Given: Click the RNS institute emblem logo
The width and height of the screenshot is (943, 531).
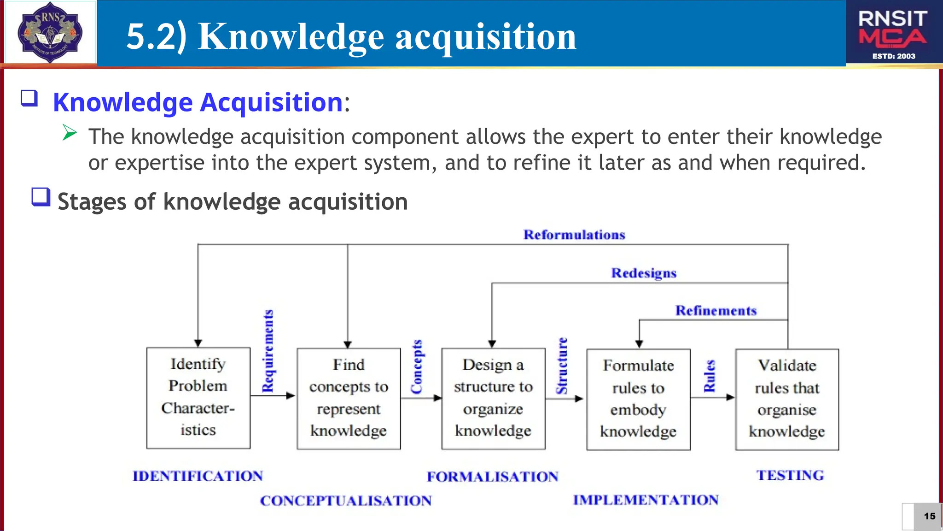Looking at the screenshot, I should point(50,32).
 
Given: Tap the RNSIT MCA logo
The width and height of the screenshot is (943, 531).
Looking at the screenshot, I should point(893,32).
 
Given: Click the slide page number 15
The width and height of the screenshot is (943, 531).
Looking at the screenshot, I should point(929,516).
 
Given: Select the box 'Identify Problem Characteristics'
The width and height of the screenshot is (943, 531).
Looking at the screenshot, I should point(198,397).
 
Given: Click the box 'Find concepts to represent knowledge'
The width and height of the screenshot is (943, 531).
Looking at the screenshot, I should point(349,398).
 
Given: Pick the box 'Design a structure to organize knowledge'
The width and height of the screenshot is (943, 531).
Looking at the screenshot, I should point(493,398).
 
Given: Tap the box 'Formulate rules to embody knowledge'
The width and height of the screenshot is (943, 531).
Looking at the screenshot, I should point(638,399).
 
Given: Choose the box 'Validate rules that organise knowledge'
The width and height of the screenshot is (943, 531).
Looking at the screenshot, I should point(787,399).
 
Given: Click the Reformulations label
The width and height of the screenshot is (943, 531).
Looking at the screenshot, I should point(574,235).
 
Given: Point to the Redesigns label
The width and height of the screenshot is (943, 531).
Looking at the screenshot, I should point(644,273).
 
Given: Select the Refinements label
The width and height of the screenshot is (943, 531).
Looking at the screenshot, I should point(716,311).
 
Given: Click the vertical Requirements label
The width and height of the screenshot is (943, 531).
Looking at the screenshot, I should point(268,351).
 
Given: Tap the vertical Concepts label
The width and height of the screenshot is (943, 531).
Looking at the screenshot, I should point(417,367).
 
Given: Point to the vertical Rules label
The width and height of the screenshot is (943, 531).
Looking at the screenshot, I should point(710,376).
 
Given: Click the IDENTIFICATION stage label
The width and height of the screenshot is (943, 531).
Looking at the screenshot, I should point(198,476).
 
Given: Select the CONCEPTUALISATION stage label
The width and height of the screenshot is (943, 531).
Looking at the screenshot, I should point(346,501).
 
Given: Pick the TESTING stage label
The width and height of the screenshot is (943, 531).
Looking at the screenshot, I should point(790,475).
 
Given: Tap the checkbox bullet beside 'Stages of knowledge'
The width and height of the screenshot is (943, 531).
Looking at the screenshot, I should point(41,197).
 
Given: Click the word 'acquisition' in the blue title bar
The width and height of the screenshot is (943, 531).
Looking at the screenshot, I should point(486,37).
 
